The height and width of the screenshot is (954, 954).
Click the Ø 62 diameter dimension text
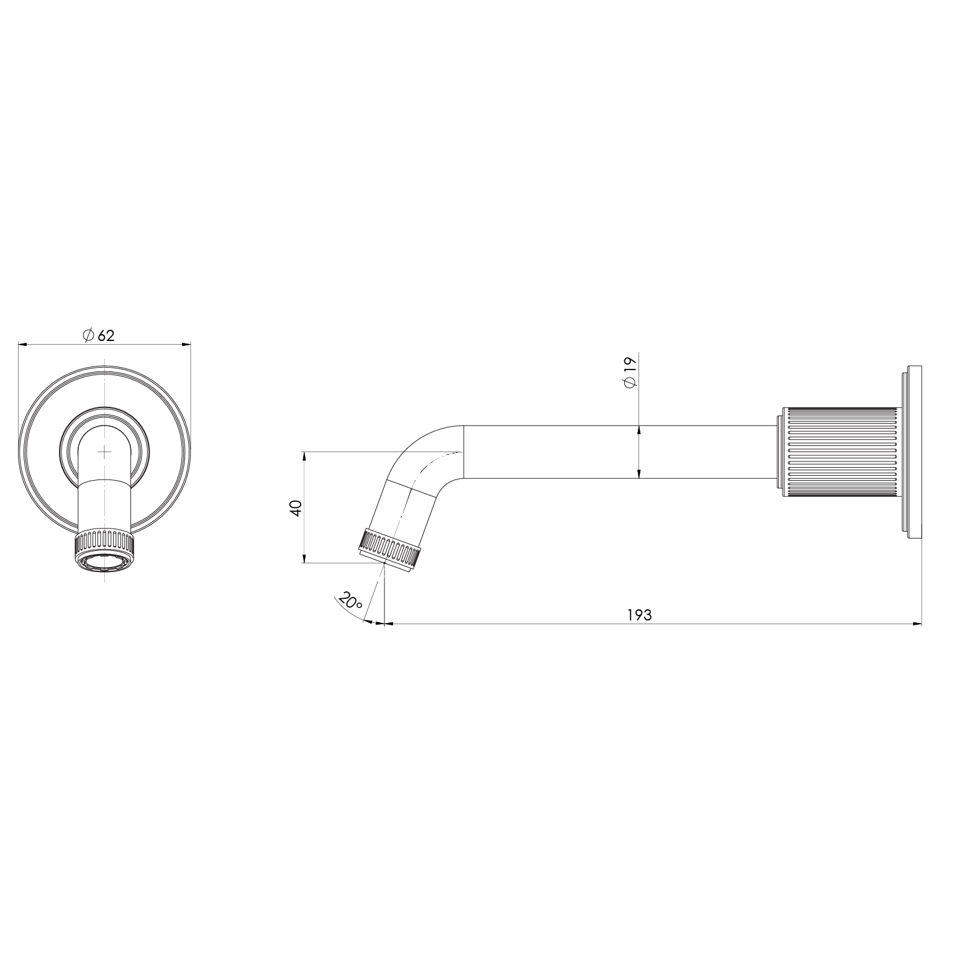click(x=99, y=335)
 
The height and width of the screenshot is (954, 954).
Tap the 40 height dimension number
click(x=296, y=507)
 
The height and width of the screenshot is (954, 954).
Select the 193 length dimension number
click(x=639, y=615)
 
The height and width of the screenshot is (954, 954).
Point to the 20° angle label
click(x=350, y=601)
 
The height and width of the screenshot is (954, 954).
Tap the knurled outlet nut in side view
click(x=390, y=547)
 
